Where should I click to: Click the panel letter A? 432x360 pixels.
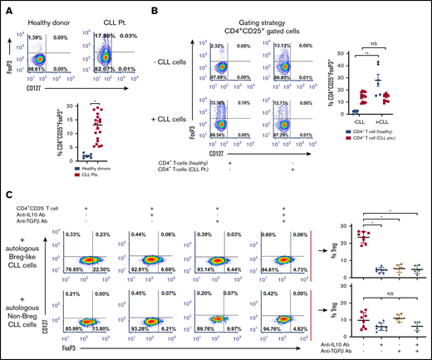[7, 7]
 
